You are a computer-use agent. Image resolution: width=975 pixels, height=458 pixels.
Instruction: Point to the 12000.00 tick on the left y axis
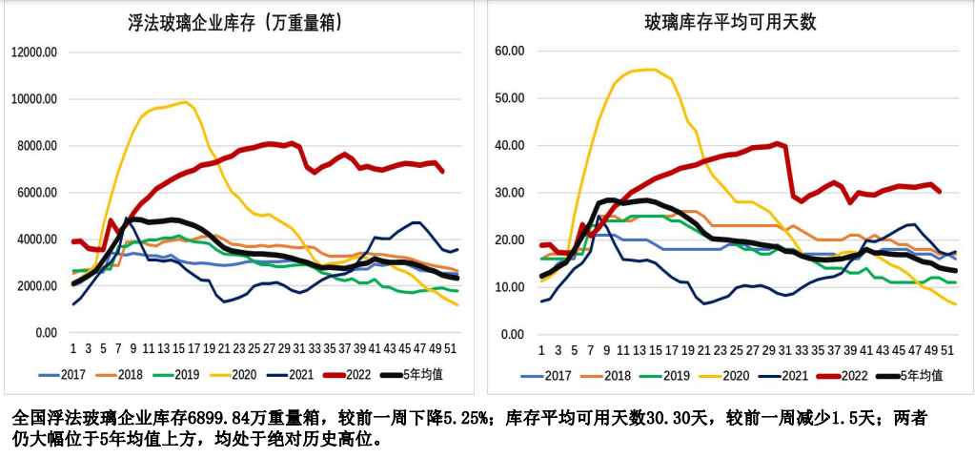coord(34,52)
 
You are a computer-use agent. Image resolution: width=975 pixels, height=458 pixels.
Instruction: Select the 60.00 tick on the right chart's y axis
coord(513,51)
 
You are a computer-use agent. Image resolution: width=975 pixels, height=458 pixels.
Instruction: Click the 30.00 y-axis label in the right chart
coord(513,193)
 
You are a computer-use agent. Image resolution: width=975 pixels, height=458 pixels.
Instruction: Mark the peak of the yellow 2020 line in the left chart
coord(185,102)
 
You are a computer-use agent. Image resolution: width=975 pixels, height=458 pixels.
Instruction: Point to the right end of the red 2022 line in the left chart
coord(442,172)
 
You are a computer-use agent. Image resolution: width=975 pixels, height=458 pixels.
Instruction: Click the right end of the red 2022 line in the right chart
coord(940,191)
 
